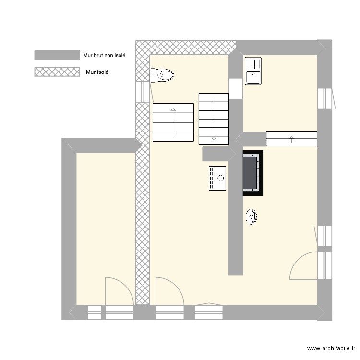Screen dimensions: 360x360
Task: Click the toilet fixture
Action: point(162,75)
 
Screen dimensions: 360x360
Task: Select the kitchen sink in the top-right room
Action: point(253,71)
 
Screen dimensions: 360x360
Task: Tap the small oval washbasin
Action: point(252,217)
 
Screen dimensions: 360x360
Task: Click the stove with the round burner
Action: point(217,178)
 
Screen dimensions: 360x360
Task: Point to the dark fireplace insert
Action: point(252,173)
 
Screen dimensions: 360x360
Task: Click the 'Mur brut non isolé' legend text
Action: point(104,55)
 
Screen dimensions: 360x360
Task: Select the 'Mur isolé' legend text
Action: point(97,72)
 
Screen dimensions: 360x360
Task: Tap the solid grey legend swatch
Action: point(57,55)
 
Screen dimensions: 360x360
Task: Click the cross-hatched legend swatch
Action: point(57,72)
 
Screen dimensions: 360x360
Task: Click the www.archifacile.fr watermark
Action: point(331,348)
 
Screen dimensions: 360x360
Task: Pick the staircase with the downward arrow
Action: point(214,119)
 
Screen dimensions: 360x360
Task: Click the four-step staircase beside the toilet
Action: point(173,122)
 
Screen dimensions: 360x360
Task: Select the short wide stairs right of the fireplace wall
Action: point(291,139)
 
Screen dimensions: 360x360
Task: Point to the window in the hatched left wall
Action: point(143,92)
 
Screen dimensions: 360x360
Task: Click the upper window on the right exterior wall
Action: point(325,99)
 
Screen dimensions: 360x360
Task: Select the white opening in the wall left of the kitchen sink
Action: point(236,89)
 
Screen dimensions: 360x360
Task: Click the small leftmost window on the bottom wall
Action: point(95,312)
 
